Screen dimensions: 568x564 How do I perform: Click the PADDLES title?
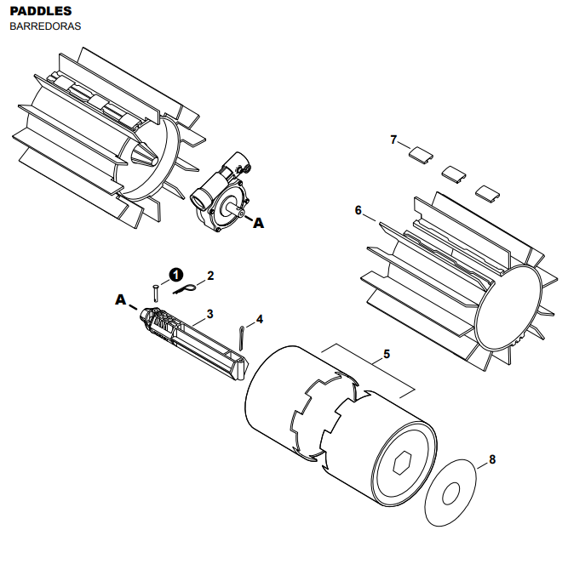[x=41, y=11]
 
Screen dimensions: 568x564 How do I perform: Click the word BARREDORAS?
[x=45, y=26]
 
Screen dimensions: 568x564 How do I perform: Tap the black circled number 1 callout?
[x=176, y=275]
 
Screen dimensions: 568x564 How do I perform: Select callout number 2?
[x=210, y=276]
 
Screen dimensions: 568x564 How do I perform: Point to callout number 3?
[x=210, y=314]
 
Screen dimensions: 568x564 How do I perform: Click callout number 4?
[x=260, y=319]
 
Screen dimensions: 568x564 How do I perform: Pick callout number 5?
[x=387, y=354]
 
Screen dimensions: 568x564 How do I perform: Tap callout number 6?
[x=359, y=210]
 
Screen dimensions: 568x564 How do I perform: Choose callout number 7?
[x=393, y=140]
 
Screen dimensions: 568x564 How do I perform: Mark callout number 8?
[x=492, y=459]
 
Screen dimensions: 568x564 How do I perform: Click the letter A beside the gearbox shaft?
[x=258, y=223]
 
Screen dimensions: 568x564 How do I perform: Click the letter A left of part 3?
[x=121, y=299]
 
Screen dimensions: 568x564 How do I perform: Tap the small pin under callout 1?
[x=156, y=293]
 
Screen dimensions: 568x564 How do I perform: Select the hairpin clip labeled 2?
[x=185, y=288]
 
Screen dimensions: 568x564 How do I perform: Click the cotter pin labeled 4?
[x=241, y=339]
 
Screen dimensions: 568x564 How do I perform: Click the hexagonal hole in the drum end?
[x=403, y=462]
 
